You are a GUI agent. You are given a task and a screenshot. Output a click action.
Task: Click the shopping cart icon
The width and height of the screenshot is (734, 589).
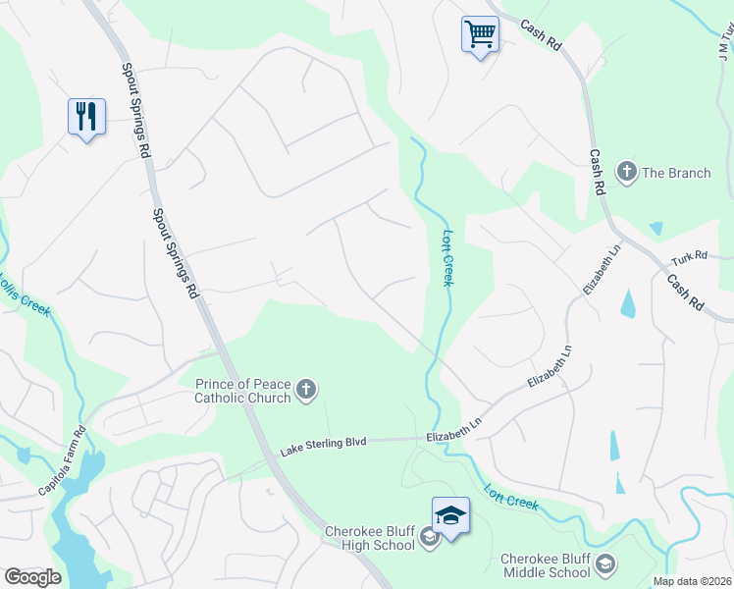click(480, 34)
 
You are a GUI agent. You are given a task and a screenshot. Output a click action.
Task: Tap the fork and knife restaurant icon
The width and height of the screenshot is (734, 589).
click(86, 117)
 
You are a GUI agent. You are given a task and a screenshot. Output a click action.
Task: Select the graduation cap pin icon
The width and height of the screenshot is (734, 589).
click(450, 515)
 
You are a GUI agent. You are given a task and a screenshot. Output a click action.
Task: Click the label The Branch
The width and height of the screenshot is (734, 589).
click(676, 173)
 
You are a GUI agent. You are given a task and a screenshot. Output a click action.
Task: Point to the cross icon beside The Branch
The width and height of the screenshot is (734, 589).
click(627, 173)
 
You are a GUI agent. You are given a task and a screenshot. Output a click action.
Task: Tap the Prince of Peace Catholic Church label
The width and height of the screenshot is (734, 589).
click(242, 391)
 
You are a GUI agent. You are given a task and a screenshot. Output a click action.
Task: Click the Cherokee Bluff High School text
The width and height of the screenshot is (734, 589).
click(370, 539)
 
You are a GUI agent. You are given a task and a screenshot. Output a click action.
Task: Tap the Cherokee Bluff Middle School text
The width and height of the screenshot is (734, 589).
click(546, 565)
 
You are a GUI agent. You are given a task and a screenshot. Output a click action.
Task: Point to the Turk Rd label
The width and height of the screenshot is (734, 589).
click(690, 258)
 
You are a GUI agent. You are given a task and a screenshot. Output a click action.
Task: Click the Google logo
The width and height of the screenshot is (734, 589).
click(32, 576)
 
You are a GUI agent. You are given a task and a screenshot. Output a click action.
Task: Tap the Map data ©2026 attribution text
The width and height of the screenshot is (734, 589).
click(693, 581)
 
